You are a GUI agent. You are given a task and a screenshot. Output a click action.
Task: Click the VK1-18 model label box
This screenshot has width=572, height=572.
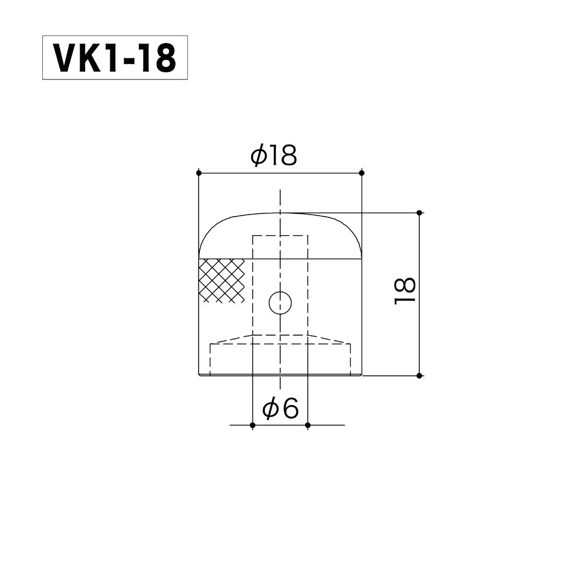115,58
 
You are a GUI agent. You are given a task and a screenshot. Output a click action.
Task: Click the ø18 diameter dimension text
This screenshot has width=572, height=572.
274,155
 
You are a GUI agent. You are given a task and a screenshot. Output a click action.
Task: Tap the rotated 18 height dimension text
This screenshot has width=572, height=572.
405,292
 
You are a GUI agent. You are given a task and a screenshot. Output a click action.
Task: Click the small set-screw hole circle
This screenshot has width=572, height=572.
280,303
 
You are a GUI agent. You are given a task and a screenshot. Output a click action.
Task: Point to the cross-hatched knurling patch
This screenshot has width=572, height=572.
221,280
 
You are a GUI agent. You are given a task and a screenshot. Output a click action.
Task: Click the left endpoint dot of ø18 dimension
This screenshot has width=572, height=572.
198,172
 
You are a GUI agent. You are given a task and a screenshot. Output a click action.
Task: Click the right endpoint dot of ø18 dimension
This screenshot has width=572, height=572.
362,172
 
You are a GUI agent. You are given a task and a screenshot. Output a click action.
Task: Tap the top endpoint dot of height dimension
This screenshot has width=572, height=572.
419,213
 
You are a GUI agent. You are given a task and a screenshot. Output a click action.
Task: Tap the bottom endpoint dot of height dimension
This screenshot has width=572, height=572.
419,376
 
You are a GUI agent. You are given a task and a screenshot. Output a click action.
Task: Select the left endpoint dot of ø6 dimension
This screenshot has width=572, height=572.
253,425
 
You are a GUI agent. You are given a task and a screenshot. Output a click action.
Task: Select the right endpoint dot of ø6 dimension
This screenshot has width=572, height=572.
308,425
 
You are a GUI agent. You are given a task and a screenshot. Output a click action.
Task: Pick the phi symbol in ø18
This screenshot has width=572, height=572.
258,156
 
